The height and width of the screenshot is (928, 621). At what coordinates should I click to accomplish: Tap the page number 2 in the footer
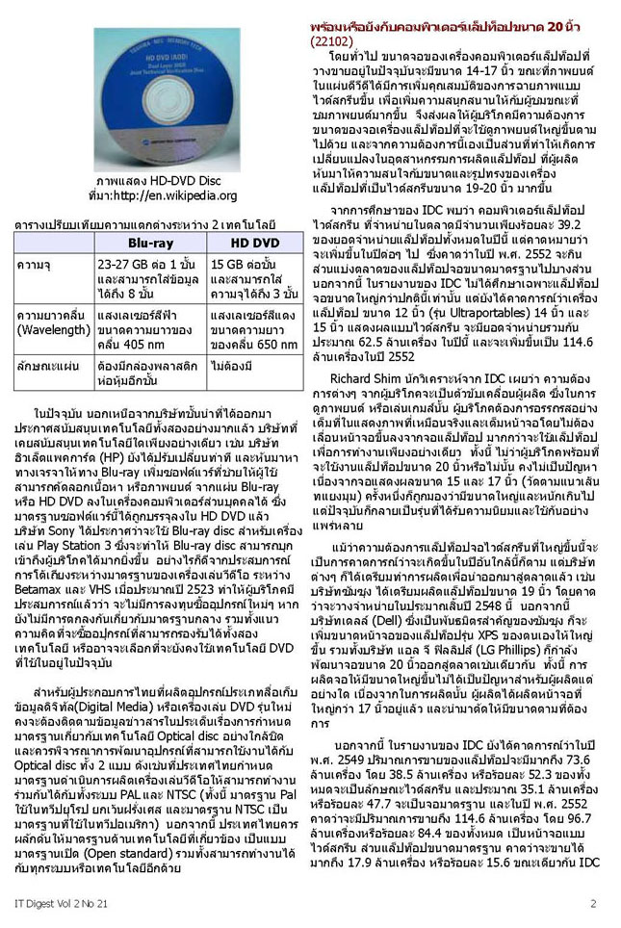[x=593, y=903]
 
